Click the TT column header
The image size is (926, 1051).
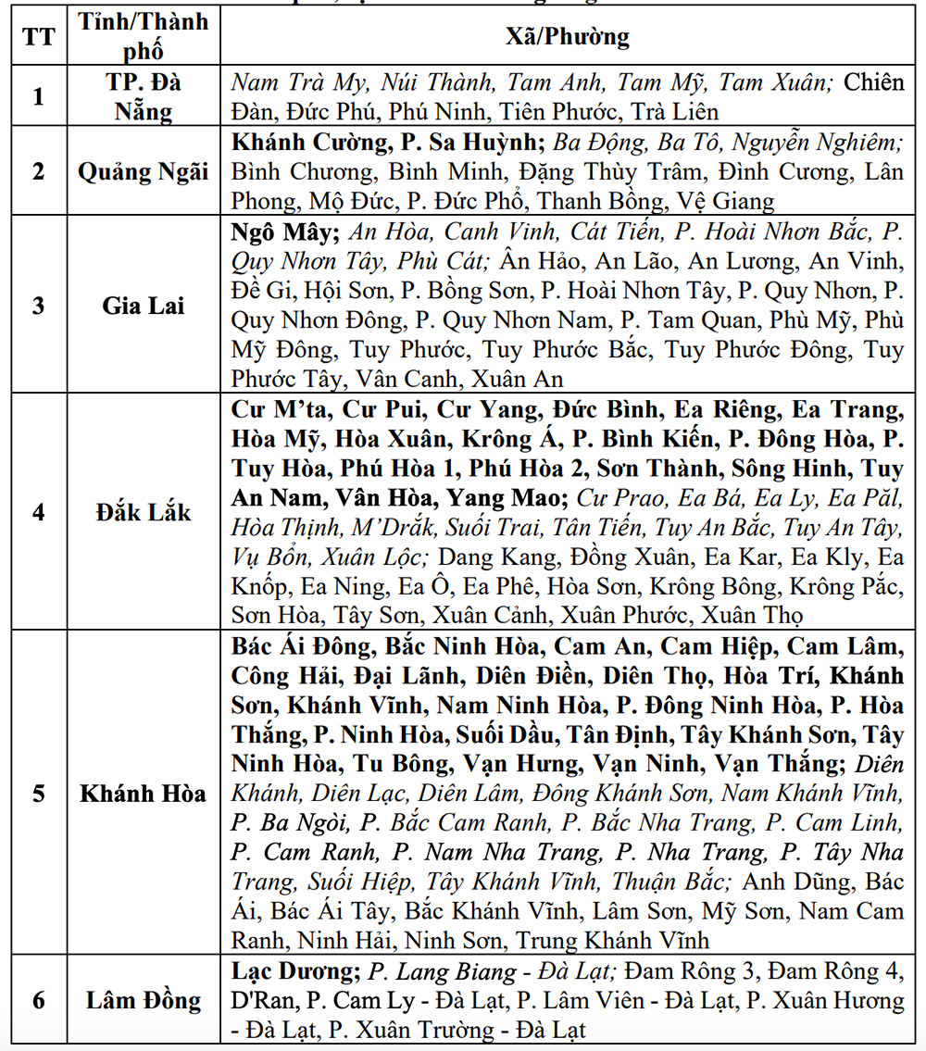(x=38, y=37)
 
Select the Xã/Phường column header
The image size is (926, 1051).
(x=567, y=37)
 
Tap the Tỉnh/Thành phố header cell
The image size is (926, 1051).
(x=144, y=37)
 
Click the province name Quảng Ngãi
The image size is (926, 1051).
(x=144, y=172)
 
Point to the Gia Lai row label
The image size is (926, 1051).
(x=144, y=306)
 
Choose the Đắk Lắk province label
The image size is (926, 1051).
(x=144, y=512)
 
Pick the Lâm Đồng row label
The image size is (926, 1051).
(x=144, y=1000)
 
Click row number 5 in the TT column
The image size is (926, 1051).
(x=38, y=794)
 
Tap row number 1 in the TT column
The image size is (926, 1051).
(x=38, y=96)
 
